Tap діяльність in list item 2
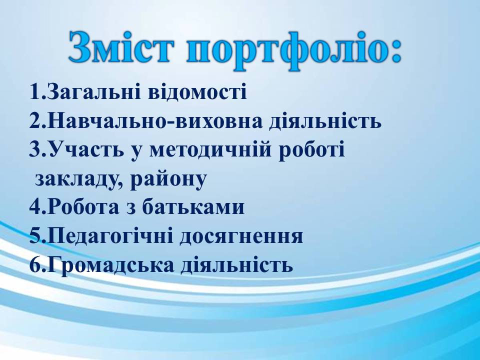click(x=325, y=122)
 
